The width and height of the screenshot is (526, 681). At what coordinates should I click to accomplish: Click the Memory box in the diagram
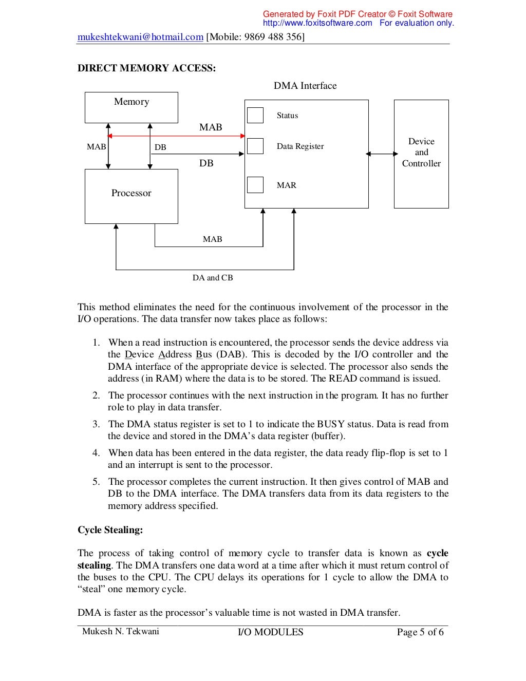click(x=131, y=107)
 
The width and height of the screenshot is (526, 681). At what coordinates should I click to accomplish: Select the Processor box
click(x=131, y=196)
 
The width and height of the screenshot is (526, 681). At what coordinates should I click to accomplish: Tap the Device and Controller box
click(x=421, y=154)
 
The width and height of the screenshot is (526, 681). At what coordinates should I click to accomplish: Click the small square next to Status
click(x=255, y=115)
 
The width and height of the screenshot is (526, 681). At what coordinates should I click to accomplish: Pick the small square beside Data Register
click(x=255, y=146)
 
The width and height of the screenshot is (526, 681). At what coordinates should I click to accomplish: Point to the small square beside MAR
click(x=255, y=185)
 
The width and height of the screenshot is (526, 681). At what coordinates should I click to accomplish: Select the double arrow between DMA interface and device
click(x=382, y=154)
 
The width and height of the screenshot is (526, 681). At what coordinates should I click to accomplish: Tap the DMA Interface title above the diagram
click(x=305, y=86)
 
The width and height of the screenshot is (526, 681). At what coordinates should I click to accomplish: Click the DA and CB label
click(x=213, y=278)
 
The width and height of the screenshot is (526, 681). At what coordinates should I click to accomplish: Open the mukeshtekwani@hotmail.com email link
click(x=140, y=37)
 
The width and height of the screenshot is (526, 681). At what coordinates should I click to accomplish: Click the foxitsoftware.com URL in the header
click(x=317, y=23)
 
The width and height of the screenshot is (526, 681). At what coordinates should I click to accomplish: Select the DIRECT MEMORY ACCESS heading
click(x=146, y=68)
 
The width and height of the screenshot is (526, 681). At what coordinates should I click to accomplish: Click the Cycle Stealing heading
click(x=110, y=530)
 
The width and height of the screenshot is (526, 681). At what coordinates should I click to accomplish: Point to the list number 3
click(x=96, y=424)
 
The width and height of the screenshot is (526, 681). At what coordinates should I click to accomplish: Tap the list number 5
click(x=96, y=482)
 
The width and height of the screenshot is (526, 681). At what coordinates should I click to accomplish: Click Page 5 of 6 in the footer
click(x=420, y=632)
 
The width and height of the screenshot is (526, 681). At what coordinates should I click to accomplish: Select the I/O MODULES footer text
click(x=270, y=632)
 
